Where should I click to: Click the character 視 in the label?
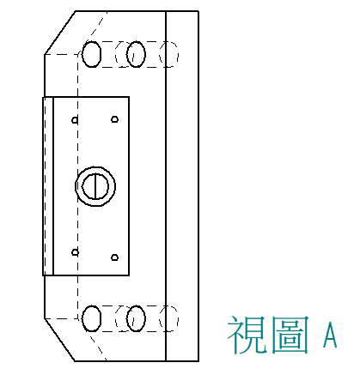click(x=247, y=334)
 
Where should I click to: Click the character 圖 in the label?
click(x=290, y=334)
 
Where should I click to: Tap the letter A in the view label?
click(x=330, y=335)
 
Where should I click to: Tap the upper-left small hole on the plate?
click(x=75, y=120)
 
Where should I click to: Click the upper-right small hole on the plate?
click(x=115, y=119)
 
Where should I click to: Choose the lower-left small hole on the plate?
click(x=75, y=252)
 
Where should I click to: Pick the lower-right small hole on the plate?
click(x=114, y=257)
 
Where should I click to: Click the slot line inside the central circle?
click(x=95, y=186)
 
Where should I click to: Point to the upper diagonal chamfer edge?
click(x=59, y=33)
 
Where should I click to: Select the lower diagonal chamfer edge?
click(x=59, y=340)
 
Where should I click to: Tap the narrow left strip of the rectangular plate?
click(x=48, y=186)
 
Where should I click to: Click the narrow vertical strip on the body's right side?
click(x=182, y=186)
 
